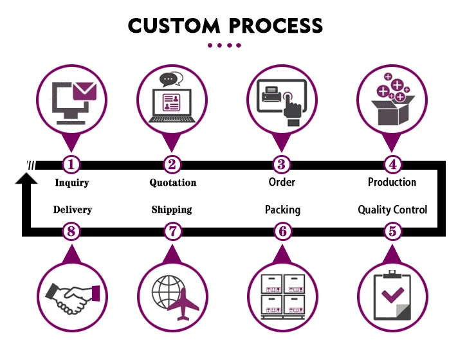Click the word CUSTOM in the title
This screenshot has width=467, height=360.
tap(174, 25)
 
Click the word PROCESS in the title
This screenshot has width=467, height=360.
tap(276, 25)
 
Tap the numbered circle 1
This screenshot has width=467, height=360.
tap(71, 165)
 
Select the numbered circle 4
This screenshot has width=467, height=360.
tap(392, 165)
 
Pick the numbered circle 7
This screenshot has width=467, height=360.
tap(173, 231)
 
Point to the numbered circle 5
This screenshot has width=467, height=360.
tap(392, 231)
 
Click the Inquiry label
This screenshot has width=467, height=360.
tap(72, 183)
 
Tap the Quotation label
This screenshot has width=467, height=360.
tap(173, 183)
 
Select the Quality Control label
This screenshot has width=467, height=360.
tap(392, 210)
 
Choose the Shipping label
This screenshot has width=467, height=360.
tap(172, 210)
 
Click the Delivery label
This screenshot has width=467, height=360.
tap(73, 210)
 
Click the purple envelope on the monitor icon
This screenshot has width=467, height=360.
tap(85, 91)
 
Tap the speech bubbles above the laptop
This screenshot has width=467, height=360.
tap(171, 80)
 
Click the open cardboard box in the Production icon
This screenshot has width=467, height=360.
tap(393, 111)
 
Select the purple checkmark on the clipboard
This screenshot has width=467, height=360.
tap(392, 295)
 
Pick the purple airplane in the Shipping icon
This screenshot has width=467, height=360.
tap(183, 304)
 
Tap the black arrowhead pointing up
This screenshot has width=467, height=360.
tap(26, 178)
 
